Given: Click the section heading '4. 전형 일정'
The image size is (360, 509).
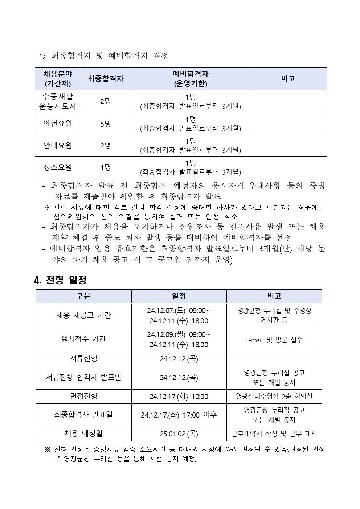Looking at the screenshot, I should (x=60, y=280).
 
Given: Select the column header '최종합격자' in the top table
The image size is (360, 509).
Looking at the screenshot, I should (x=106, y=79).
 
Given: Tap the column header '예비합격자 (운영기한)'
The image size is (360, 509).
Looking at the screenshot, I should (x=190, y=79).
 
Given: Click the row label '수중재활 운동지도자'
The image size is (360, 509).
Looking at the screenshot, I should (x=58, y=102).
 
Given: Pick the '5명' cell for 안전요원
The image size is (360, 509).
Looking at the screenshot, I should (x=106, y=124).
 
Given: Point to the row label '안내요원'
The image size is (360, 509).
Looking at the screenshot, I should (x=58, y=145).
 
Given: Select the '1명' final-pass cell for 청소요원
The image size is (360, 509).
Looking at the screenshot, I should (x=106, y=167).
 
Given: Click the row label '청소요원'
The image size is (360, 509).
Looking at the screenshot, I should (x=58, y=167).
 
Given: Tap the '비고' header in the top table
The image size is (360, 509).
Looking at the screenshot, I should (x=288, y=79).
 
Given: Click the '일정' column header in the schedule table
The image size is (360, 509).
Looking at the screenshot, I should (x=179, y=296).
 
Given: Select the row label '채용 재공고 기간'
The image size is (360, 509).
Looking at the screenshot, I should (x=83, y=315).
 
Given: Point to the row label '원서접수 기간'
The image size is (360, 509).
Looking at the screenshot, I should (x=83, y=339).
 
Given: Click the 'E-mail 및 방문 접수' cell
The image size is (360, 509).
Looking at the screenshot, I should (x=274, y=340).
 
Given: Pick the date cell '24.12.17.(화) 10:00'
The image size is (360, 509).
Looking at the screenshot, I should (x=179, y=397).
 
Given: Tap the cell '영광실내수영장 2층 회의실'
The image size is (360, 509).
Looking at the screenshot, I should (x=274, y=397).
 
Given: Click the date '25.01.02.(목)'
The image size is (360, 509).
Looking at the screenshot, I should (x=179, y=434).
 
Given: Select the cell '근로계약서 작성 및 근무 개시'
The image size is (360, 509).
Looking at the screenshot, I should (x=274, y=434).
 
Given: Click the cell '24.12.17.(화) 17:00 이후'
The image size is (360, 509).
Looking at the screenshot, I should (x=179, y=415).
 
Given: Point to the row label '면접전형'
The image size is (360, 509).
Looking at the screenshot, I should (x=83, y=396).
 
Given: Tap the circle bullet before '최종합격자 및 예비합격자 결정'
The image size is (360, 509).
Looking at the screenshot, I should (x=42, y=56).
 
